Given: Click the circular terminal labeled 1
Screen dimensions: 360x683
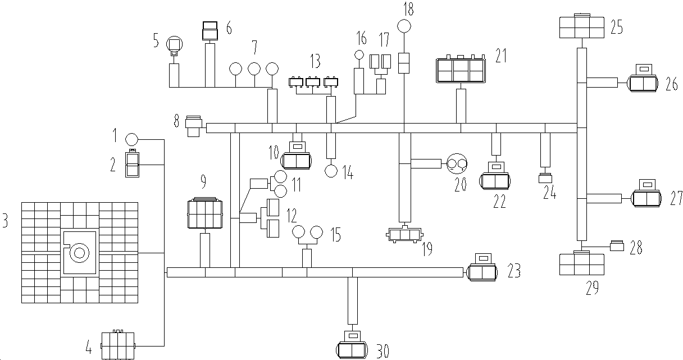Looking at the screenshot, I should [x=131, y=139].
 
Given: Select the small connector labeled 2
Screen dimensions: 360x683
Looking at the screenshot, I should [x=133, y=164].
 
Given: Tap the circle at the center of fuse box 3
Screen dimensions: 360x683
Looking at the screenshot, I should [x=79, y=253].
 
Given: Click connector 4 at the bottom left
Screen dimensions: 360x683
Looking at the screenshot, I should [x=118, y=345].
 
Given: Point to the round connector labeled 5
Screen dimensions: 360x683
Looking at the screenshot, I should [x=175, y=43].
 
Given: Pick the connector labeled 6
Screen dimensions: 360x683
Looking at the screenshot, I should [x=210, y=31].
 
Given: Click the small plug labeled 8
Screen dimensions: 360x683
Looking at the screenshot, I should [x=194, y=127].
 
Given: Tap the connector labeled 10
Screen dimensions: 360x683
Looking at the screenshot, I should [x=295, y=159].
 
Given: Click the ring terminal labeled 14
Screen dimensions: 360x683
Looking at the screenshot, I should [x=331, y=171].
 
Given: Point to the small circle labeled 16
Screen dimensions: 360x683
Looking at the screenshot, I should [x=359, y=54].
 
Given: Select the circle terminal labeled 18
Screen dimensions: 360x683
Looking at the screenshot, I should [x=404, y=26].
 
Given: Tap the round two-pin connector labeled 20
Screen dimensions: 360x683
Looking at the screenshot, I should [x=457, y=164].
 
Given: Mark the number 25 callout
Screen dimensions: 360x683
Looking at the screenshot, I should [x=616, y=28].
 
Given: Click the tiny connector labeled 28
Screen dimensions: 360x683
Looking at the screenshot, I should [x=617, y=245].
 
